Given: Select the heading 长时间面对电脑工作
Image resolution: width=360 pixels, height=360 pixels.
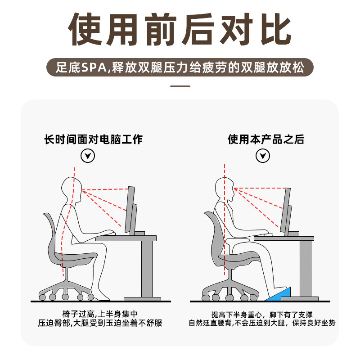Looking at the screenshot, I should [93, 139].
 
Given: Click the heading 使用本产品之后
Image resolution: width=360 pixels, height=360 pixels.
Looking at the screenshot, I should [266, 139].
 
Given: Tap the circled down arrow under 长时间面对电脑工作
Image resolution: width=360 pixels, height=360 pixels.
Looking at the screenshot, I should [87, 156].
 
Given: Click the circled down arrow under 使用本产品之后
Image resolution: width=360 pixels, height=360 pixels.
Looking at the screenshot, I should [263, 156].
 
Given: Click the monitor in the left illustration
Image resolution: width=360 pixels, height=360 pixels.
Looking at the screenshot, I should [130, 209].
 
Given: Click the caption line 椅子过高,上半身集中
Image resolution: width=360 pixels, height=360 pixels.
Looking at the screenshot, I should [100, 314].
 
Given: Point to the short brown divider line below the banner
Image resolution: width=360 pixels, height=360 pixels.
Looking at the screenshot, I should [180, 86].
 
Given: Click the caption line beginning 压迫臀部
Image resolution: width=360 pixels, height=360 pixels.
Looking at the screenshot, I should [100, 323].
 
